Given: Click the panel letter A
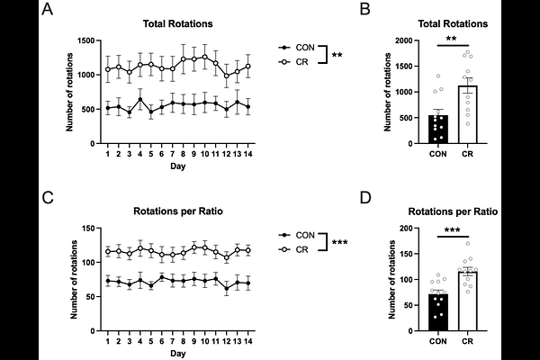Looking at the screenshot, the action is pos(47,9).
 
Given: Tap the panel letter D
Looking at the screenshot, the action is pos(365,198).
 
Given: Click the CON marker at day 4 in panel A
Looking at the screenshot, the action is pos(140,99).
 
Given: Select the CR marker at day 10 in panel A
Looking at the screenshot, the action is pos(205,57).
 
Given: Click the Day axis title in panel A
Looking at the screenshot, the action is pos(177,166).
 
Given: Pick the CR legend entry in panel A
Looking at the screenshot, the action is pos(293,62).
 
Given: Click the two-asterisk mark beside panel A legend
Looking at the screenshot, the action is pos(337,55).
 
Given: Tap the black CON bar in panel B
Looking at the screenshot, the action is pos(438,130).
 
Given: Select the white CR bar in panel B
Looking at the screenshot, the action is pos(468,114).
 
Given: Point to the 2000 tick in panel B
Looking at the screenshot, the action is pos(404,40).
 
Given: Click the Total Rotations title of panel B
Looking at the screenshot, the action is pos(453,23).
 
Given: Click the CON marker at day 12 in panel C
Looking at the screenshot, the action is pos(226,289).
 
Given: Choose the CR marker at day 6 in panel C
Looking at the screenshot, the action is pos(162,255).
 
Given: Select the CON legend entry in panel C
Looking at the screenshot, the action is pos(296,235).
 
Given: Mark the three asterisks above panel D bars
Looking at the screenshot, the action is pos(453,230).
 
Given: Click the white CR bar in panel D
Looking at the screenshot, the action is pos(468,301).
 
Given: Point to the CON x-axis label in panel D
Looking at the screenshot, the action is pos(438,341).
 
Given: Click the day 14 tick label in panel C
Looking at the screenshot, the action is pos(247,341).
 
